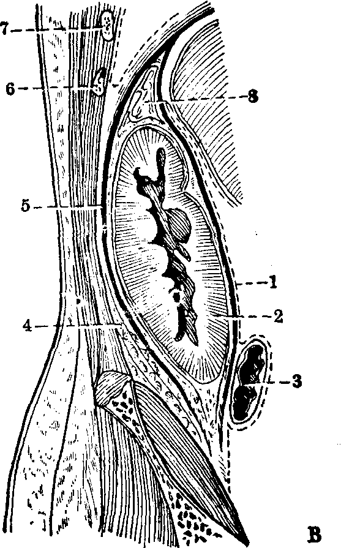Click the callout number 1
272,282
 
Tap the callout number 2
278,317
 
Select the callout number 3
297,381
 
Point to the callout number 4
28,326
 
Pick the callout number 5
26,206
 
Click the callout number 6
10,89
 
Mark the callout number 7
4,29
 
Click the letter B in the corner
314,535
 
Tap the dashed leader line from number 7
56,29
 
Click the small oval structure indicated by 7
107,26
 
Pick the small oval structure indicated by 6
99,82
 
